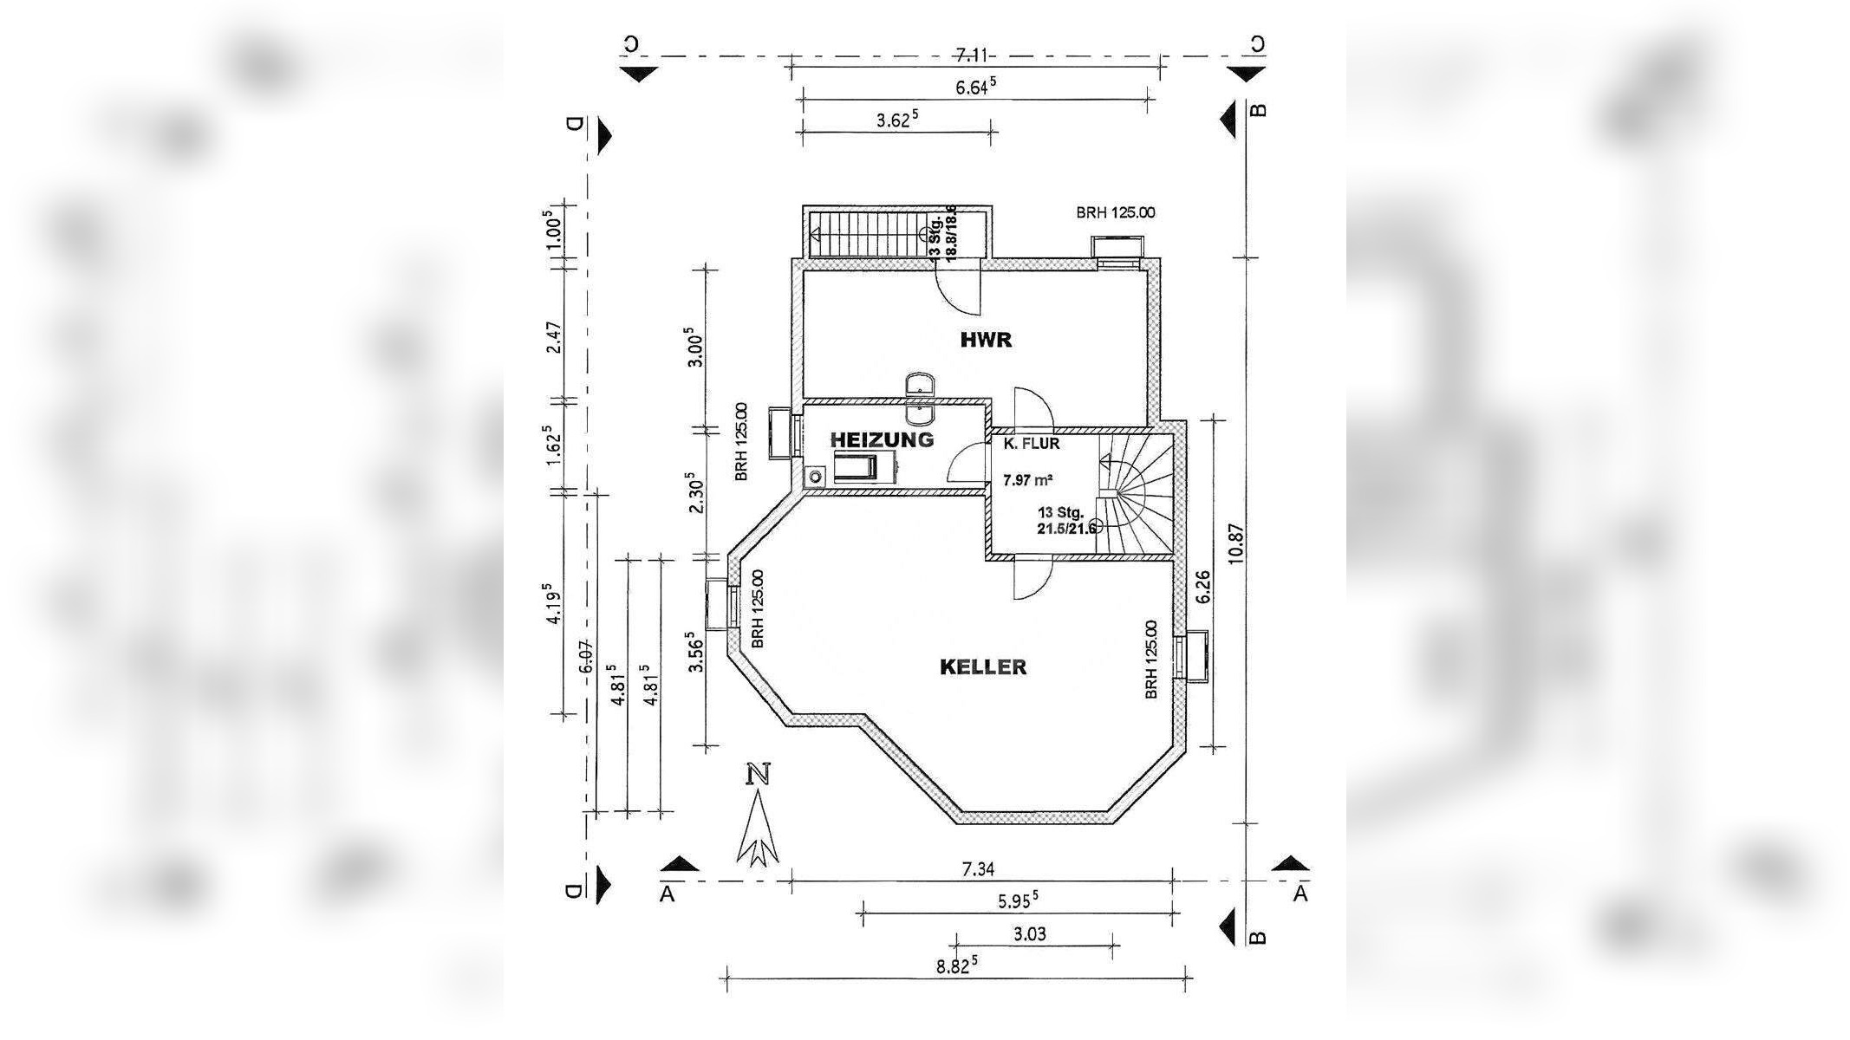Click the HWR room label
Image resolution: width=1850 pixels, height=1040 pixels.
coord(986,340)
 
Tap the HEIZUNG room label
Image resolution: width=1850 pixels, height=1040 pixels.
coord(882,439)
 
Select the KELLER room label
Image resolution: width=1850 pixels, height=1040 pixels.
coord(983,667)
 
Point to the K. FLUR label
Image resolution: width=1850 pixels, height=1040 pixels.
coord(1032,444)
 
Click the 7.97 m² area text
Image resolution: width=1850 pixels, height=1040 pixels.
coord(1028,479)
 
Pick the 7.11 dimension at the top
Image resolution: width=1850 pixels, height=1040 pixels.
coord(972,55)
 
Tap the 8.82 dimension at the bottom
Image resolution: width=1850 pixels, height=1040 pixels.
coord(957,965)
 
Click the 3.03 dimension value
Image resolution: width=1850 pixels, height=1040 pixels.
coord(1029,933)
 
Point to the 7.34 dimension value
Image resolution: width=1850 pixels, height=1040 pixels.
coord(978,869)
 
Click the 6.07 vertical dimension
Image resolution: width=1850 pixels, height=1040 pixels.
coord(586,656)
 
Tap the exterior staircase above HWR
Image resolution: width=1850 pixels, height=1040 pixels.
coord(867,233)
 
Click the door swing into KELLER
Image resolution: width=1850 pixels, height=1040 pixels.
coord(1032,578)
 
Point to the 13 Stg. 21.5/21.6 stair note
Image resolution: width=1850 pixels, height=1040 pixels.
coord(1065,520)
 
